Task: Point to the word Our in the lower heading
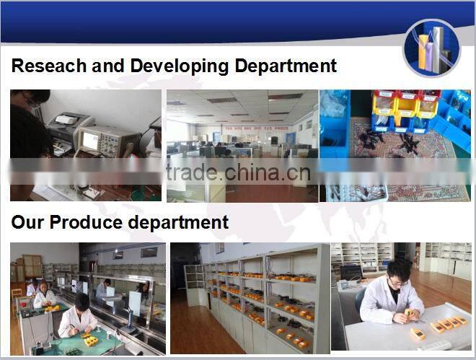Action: point(25,222)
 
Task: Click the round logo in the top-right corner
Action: point(431,48)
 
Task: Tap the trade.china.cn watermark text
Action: point(238,174)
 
